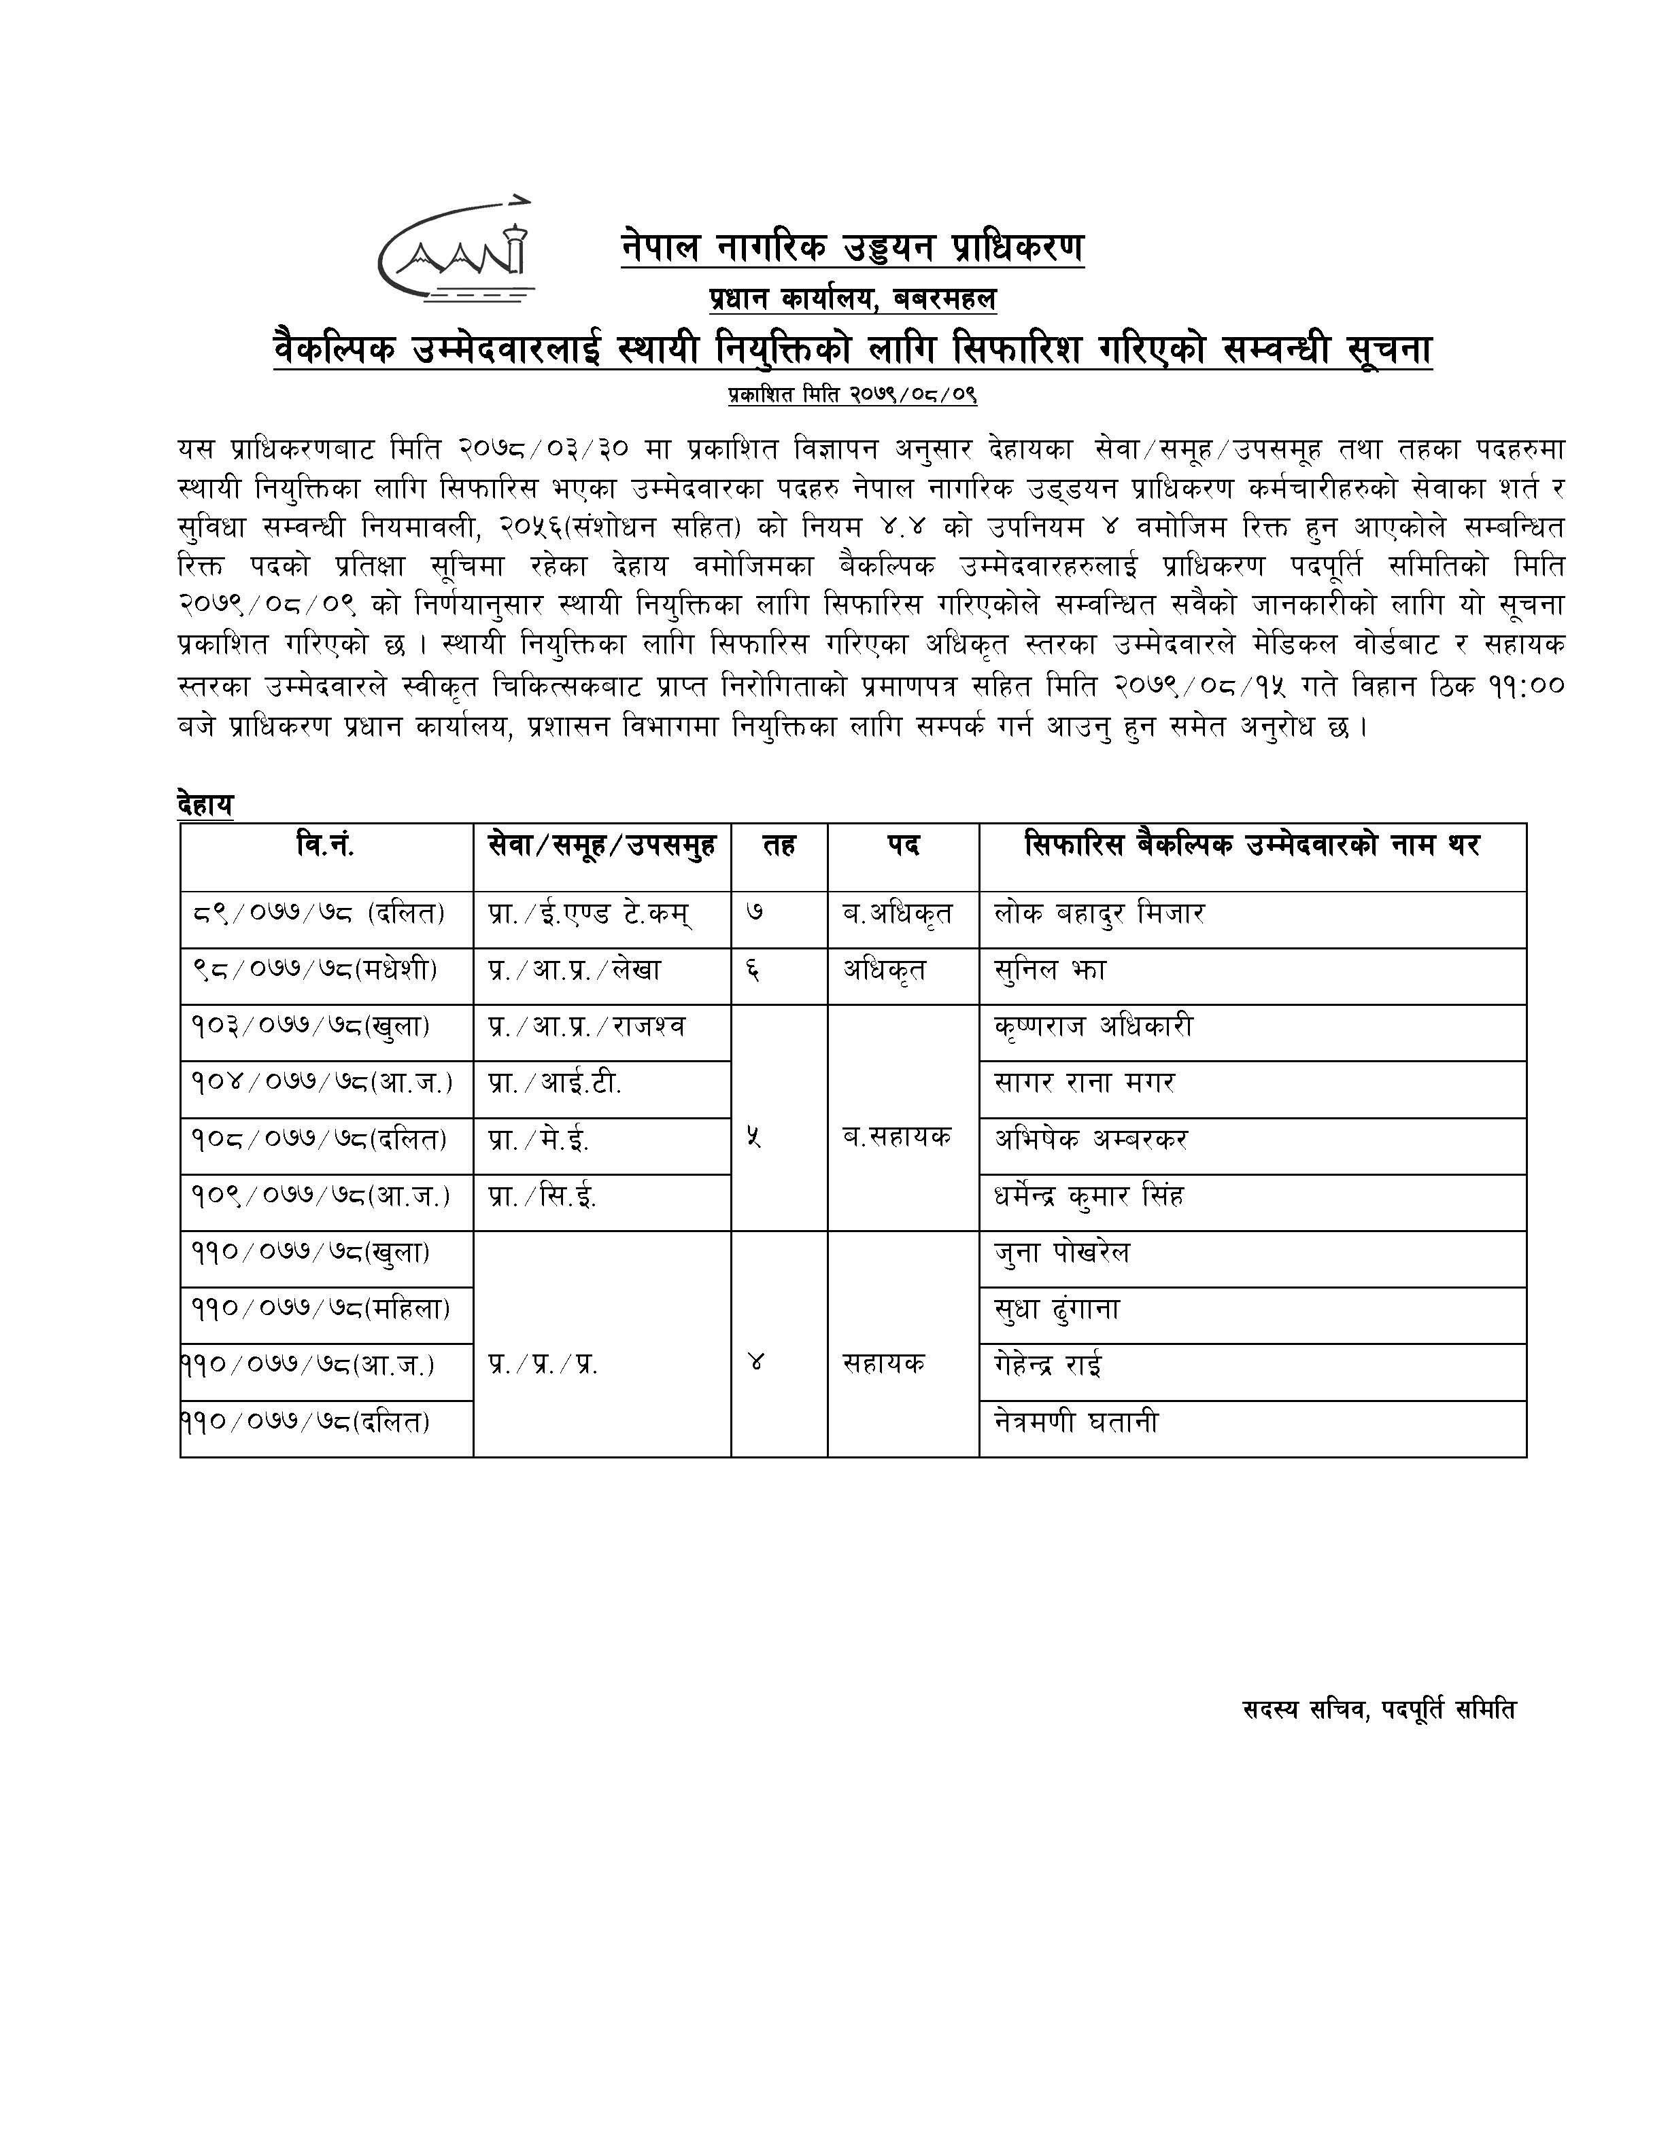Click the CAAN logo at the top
point(456,251)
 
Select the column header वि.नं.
point(326,845)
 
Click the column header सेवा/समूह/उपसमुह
point(601,845)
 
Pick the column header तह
point(779,845)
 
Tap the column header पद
point(902,845)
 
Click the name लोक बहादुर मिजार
point(1099,913)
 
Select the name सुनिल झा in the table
point(1050,970)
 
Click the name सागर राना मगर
point(1085,1083)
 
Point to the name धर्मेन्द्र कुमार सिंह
point(1088,1197)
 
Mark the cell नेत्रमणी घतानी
point(1076,1422)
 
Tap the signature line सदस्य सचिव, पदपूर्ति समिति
point(1378,1709)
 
